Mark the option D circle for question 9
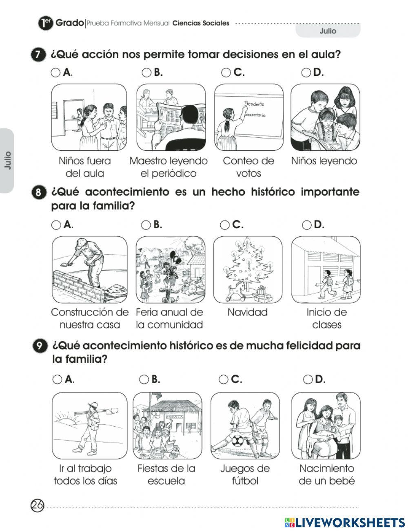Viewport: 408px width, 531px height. (308, 380)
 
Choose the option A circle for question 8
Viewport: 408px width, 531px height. (56, 225)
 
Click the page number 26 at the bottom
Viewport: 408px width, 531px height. (37, 506)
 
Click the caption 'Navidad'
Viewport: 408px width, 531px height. (247, 313)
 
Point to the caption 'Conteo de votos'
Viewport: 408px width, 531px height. (248, 167)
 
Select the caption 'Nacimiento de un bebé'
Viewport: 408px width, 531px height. (326, 475)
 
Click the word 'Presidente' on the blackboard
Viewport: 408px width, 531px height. (254, 104)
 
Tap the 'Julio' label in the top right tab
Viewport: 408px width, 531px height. (328, 31)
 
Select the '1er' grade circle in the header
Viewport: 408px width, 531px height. (45, 23)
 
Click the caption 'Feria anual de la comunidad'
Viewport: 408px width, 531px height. (169, 319)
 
